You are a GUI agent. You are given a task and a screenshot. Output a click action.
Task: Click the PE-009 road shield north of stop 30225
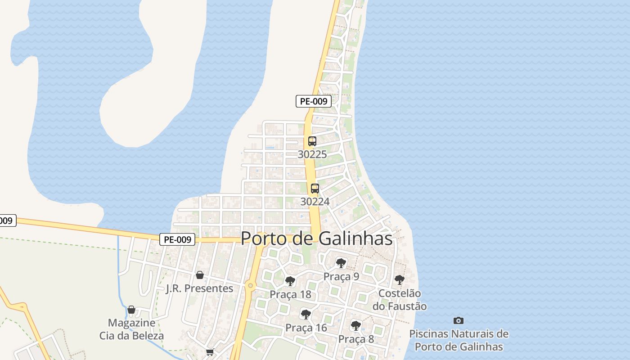coord(314,101)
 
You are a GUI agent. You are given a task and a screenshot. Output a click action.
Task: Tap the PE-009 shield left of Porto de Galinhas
coord(177,239)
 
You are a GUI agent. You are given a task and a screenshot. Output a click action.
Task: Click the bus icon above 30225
coord(312,141)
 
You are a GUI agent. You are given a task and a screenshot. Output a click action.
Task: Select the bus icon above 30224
coord(315,189)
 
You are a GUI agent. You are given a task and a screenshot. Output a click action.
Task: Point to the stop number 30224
coord(315,202)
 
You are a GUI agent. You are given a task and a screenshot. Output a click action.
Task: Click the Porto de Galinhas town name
coord(317,238)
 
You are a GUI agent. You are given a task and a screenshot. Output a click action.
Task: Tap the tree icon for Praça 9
coord(341,263)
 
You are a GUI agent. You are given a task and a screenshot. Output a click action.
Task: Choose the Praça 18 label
coord(290,295)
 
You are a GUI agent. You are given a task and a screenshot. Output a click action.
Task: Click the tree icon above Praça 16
coord(306,314)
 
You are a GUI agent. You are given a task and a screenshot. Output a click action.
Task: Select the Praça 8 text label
coord(356,339)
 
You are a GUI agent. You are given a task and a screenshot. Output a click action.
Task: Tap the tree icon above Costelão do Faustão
coord(399,280)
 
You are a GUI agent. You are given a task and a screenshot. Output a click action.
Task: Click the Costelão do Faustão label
coord(400,300)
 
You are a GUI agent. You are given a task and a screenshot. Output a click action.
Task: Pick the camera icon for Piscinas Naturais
coord(459,320)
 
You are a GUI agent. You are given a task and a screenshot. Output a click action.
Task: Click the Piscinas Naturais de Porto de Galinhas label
coord(459,340)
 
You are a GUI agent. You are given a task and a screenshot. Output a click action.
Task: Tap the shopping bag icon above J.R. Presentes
coord(200,274)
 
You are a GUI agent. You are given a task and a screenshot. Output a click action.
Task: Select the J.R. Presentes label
coord(200,288)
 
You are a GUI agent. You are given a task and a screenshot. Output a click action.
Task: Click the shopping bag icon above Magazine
coord(131,310)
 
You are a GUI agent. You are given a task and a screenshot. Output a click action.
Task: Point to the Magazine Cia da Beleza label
coord(131,329)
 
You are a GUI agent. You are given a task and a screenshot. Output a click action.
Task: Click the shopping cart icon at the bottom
coord(210,352)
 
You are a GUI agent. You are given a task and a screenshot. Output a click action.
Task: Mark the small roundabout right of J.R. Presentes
coord(251,286)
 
